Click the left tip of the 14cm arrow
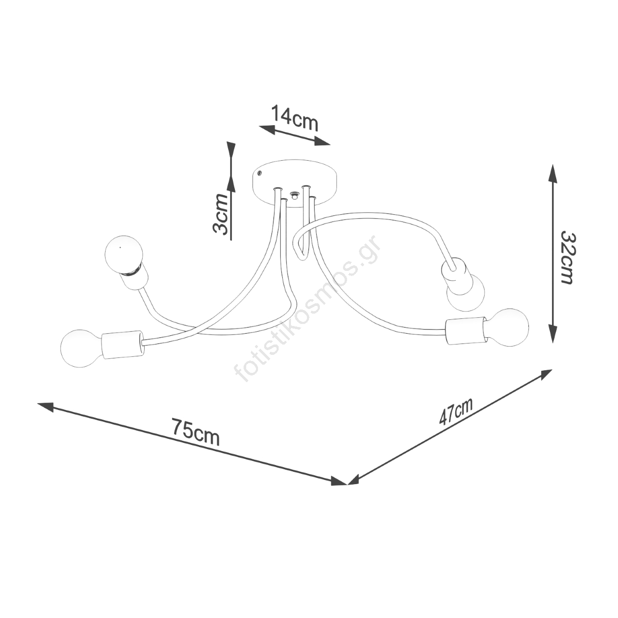[259, 126]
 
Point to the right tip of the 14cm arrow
[330, 144]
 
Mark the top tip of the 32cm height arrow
[552, 165]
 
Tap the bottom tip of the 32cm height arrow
[552, 342]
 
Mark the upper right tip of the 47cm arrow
[552, 370]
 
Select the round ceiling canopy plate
[295, 184]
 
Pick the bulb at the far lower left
[81, 348]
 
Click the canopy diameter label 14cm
[295, 118]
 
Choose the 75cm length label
[196, 432]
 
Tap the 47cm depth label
[456, 412]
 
